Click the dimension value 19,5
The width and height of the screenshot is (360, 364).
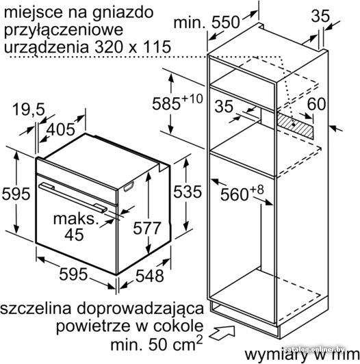[29, 109]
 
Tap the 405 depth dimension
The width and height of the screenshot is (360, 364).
[61, 129]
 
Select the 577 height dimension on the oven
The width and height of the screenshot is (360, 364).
[146, 228]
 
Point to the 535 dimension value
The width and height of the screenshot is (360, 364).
[188, 192]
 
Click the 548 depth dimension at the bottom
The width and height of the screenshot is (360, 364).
[150, 276]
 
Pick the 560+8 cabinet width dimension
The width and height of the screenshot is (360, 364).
[242, 193]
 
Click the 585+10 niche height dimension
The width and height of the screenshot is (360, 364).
[177, 102]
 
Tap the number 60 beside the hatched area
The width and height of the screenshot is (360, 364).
[316, 104]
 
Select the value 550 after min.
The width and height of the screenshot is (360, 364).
[225, 23]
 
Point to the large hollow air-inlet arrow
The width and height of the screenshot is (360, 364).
[222, 333]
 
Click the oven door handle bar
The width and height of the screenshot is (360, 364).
[73, 198]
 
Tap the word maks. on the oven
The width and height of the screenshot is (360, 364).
[76, 219]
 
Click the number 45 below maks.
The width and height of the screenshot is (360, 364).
[74, 235]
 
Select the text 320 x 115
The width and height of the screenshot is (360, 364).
[133, 47]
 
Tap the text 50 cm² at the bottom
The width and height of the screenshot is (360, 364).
[175, 343]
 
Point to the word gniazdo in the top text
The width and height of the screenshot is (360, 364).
[123, 13]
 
